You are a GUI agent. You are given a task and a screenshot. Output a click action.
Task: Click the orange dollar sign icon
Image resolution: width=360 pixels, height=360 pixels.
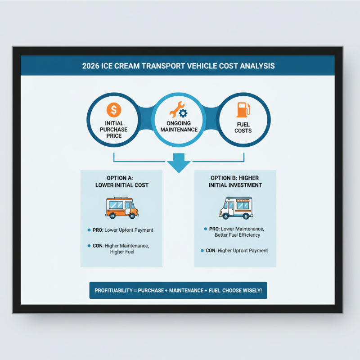click(114, 110)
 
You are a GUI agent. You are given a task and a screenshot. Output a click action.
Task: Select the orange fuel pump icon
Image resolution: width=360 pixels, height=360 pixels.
click(243, 110)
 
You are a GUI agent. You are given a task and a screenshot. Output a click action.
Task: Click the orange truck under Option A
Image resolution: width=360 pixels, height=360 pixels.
click(121, 208)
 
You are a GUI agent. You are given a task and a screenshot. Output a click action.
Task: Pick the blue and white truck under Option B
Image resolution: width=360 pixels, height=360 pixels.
click(236, 208)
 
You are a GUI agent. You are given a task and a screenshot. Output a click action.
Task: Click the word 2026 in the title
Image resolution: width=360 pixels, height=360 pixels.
click(91, 66)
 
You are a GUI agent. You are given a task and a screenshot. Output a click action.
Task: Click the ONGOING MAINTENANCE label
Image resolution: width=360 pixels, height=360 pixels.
click(179, 126)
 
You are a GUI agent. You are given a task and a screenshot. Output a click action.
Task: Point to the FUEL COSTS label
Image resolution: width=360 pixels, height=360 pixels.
click(243, 127)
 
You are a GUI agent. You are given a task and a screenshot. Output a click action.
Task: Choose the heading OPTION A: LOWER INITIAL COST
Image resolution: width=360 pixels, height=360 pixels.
click(121, 181)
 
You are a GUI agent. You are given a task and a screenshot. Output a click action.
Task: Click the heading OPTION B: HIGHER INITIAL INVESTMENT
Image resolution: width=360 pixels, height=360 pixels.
click(235, 181)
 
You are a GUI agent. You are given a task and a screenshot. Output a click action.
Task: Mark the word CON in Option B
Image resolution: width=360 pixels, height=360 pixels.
click(211, 250)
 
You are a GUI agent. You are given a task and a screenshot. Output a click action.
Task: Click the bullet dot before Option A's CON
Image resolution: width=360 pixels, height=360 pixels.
click(89, 246)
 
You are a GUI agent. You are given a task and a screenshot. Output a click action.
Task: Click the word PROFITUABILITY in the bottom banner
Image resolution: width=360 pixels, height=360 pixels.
click(112, 290)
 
